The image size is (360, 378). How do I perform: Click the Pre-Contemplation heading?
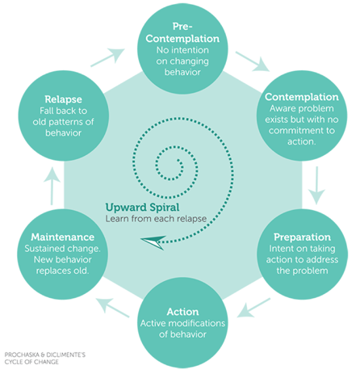[182, 32]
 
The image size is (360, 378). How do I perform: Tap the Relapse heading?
[63, 99]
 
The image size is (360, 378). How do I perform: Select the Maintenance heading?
[62, 237]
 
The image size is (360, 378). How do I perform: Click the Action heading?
[182, 312]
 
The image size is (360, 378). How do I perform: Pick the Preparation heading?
[302, 237]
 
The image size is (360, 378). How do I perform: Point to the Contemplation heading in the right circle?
[302, 97]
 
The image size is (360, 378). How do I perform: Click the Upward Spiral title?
[142, 208]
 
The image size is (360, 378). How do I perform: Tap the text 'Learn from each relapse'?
[156, 219]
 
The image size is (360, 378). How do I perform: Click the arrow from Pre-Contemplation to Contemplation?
[253, 61]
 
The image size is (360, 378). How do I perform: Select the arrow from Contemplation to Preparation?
[316, 185]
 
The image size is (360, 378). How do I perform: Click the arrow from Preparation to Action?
[253, 308]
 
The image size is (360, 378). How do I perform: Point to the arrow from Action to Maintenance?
[113, 308]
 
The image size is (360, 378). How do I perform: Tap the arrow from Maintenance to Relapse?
[52, 187]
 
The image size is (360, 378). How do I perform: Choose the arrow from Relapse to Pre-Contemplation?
[107, 57]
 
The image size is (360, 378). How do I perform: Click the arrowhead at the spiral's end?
[153, 241]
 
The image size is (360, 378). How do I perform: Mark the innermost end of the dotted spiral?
[178, 161]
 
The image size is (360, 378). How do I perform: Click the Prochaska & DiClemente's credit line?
[45, 359]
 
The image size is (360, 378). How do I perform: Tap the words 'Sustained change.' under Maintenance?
[62, 249]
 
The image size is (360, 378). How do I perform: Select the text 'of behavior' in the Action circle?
[182, 334]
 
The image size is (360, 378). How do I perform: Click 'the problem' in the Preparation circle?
[302, 271]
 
